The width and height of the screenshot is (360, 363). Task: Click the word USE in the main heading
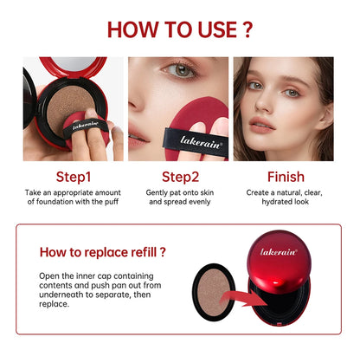click(217, 29)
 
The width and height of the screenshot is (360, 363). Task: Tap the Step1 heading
click(74, 177)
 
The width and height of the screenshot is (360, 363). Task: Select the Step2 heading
click(180, 177)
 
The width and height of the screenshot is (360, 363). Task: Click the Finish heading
click(286, 177)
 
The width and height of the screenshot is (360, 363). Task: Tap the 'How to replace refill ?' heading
click(103, 252)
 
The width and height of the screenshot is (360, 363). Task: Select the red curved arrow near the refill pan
click(245, 299)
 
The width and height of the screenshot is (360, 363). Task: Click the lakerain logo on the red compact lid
click(279, 252)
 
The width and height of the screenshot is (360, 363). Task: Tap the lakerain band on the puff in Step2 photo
click(196, 143)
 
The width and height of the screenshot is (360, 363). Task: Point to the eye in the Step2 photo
click(181, 70)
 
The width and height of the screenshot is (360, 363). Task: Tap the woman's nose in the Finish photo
click(265, 102)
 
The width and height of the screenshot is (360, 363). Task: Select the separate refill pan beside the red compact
click(214, 292)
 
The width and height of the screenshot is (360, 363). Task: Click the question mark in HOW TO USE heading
click(247, 29)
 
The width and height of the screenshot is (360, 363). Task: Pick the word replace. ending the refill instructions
click(55, 304)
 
